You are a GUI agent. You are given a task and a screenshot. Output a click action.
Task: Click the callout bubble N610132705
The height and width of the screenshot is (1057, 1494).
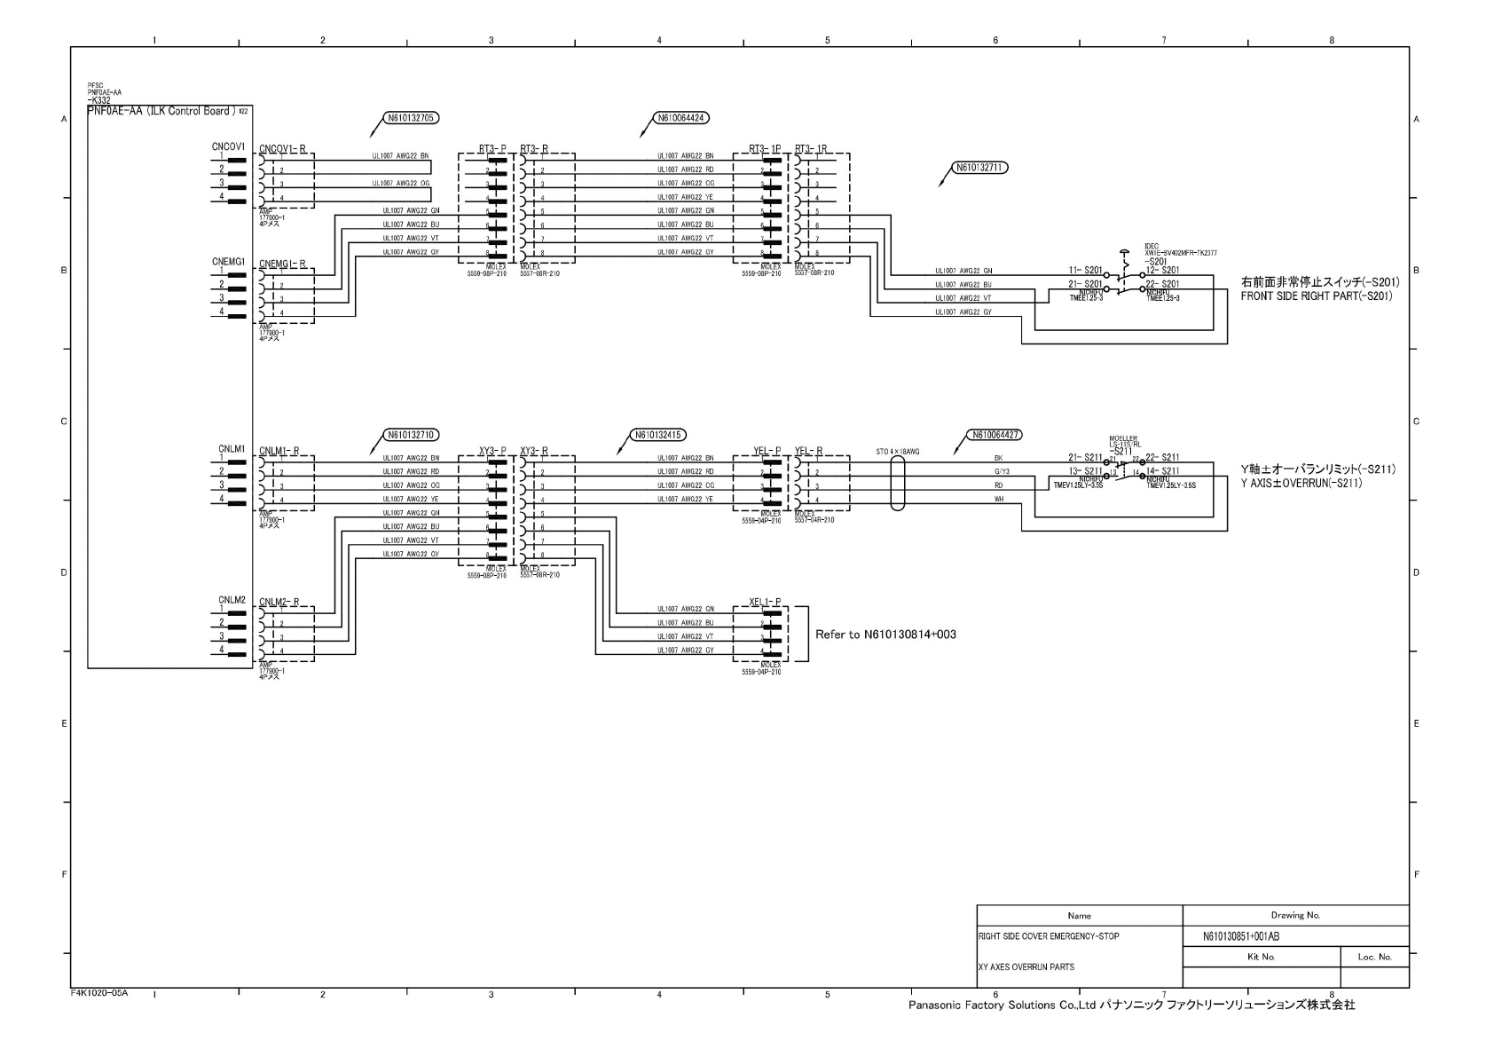point(411,117)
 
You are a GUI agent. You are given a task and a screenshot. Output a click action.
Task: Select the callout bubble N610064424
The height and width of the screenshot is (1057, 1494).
point(681,117)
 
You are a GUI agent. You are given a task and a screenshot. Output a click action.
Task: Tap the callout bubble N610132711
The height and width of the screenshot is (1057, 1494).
point(979,167)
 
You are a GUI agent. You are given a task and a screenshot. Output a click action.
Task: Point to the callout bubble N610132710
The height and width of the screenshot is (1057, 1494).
point(411,435)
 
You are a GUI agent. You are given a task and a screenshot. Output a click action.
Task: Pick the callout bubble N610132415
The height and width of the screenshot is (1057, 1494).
point(658,435)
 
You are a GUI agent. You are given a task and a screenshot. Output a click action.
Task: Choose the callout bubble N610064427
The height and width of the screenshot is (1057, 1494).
point(995,435)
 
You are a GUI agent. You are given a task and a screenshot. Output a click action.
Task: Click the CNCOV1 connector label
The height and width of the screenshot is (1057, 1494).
point(228,146)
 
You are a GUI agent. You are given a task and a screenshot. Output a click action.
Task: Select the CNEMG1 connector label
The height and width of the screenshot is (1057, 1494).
point(228,262)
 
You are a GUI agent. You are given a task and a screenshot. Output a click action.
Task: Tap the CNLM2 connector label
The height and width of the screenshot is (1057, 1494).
point(232,601)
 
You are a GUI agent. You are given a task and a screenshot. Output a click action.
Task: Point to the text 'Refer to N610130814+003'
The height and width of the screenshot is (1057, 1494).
point(885,635)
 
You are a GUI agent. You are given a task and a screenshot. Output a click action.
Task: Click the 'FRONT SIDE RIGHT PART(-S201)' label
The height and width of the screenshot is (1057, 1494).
point(1317,296)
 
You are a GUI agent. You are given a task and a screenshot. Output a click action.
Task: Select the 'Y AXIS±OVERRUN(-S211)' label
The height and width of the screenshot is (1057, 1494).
point(1301,483)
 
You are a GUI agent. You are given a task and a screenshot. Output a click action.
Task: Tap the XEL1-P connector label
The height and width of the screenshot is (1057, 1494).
point(765,602)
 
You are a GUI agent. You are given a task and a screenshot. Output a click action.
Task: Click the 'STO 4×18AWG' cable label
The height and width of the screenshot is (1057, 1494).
point(897,452)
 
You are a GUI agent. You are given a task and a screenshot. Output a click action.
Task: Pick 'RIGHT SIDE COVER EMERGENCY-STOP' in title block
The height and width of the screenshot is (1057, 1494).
point(1049,936)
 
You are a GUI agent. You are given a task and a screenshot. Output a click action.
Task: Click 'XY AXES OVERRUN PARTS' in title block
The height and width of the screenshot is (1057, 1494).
point(1026,967)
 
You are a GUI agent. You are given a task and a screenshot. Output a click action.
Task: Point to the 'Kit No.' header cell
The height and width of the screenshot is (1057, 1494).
point(1261,957)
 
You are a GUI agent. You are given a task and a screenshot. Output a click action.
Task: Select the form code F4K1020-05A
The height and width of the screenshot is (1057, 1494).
point(99,993)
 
